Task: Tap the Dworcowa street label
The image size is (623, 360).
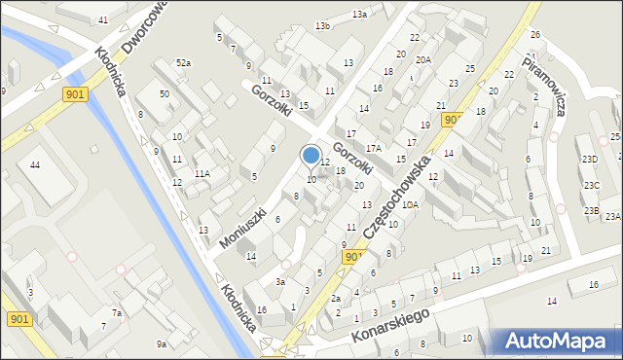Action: coord(144,27)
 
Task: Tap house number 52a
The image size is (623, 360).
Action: coord(183,63)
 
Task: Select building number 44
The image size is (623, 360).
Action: coord(35,165)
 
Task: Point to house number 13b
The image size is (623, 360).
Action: coord(322,26)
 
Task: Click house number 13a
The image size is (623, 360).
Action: coord(359,14)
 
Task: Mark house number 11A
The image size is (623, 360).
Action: coord(202,173)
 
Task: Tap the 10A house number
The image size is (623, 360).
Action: coord(411,204)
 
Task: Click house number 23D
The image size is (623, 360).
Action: coord(590,159)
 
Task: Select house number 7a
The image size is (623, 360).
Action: coord(116,313)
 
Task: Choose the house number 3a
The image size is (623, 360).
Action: coord(279,281)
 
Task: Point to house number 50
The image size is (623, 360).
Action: coord(165,93)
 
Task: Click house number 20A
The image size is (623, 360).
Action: coord(421,59)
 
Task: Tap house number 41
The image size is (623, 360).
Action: coord(103,19)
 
